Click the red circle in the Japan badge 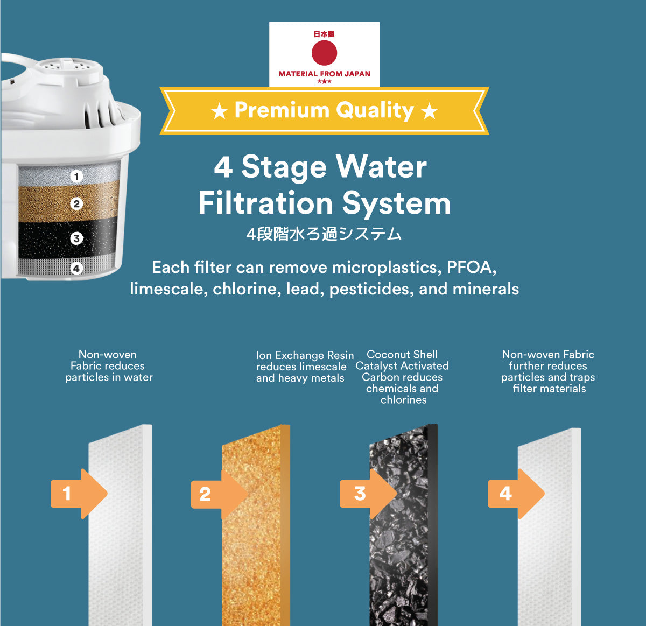click(x=324, y=52)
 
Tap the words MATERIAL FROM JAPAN click(x=324, y=74)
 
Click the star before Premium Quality click(x=220, y=111)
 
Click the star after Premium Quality click(x=430, y=111)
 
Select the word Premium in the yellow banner click(x=282, y=110)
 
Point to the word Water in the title click(x=381, y=167)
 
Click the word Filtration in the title click(x=265, y=203)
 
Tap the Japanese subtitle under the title click(x=324, y=234)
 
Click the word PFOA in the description click(x=472, y=268)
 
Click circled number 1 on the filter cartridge click(x=76, y=176)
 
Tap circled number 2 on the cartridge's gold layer click(x=76, y=204)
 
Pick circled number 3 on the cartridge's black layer click(x=76, y=238)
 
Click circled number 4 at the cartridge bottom click(x=76, y=268)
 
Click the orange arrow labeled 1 click(x=79, y=494)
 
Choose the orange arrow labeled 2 click(x=220, y=494)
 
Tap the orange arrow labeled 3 click(x=368, y=494)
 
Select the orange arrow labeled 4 click(x=516, y=494)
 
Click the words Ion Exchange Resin click(x=305, y=355)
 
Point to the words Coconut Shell click(x=402, y=355)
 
